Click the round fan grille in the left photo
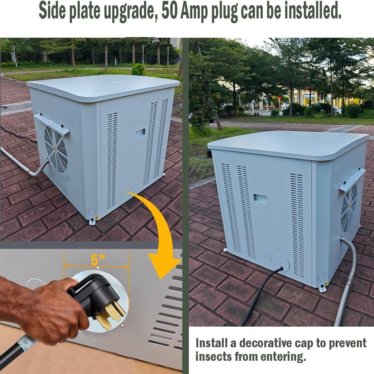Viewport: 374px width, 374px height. click(56, 149)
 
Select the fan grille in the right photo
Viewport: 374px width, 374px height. click(349, 207)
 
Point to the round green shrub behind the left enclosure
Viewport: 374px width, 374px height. click(138, 70)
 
